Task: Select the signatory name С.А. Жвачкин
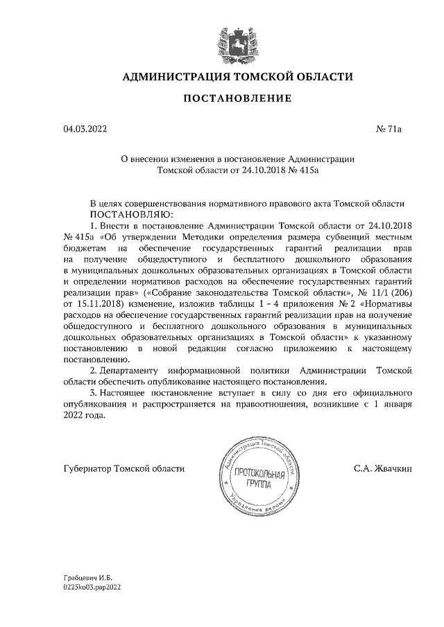(x=383, y=468)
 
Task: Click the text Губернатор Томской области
(x=123, y=468)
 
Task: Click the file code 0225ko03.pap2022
(x=92, y=586)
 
